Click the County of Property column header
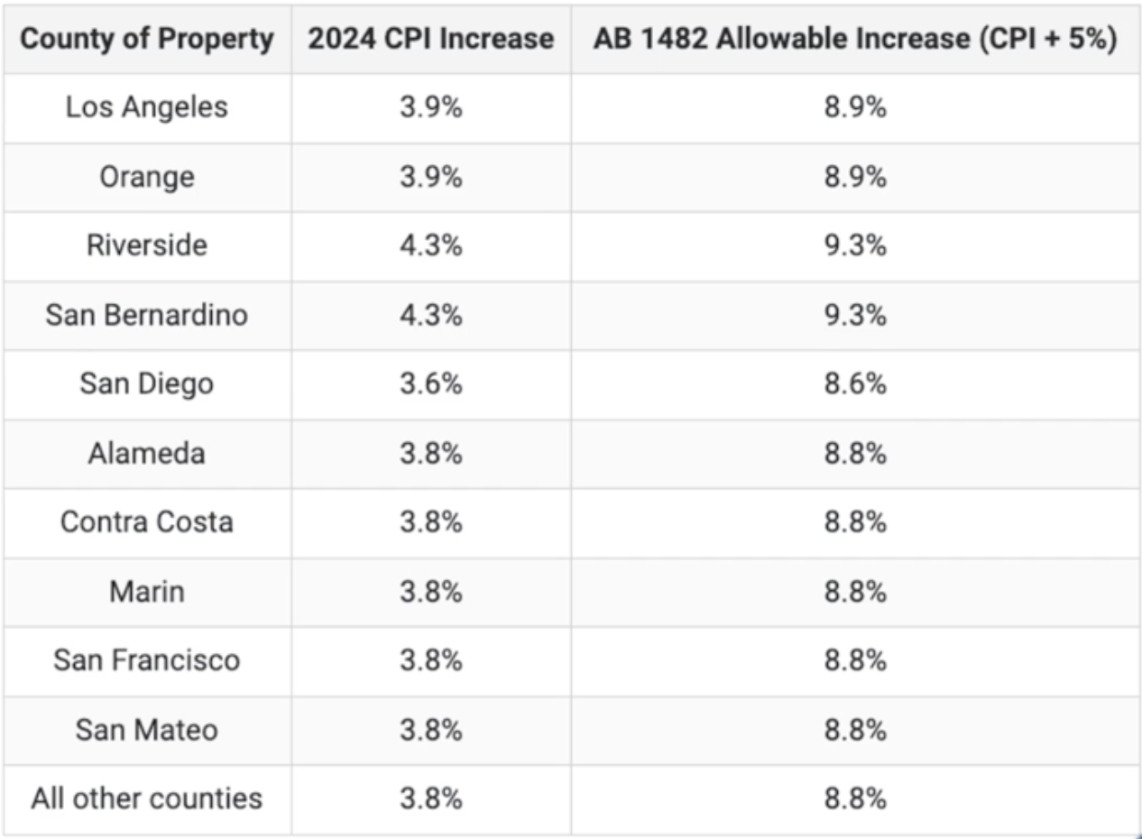146,39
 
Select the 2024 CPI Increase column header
431,39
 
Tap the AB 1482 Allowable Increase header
855,39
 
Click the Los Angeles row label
146,107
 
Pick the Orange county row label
146,177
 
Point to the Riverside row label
146,245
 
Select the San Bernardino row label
146,315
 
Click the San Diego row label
146,383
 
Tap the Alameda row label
146,453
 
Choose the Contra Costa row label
146,521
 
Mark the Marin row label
146,591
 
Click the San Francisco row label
146,659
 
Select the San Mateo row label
146,729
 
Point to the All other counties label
146,798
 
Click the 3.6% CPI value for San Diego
431,383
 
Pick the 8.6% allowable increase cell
855,383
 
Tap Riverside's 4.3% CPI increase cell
431,245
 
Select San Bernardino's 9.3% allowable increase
855,315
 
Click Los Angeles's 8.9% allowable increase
855,107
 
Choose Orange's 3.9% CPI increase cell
431,177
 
